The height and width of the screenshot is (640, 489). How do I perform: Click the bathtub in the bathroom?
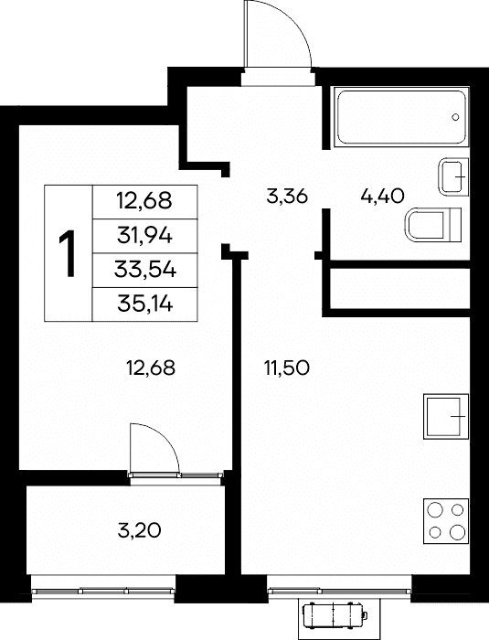coord(401,116)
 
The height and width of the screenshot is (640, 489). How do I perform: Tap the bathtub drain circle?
coord(455,117)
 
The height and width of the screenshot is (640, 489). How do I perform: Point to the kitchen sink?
coord(446,416)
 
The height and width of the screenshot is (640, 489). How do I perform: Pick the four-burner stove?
coord(446,521)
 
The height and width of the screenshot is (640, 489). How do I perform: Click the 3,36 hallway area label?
coord(286,197)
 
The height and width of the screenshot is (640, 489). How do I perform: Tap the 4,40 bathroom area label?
coord(382,197)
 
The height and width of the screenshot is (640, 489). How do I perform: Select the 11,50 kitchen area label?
coord(287,368)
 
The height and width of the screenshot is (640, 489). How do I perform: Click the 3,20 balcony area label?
coord(139,530)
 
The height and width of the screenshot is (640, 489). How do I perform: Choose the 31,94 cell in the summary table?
coord(145,236)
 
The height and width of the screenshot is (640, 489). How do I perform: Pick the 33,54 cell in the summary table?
coord(145,270)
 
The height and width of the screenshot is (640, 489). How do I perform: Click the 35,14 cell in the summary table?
coord(145,304)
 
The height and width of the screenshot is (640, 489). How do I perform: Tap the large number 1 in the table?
coord(68,253)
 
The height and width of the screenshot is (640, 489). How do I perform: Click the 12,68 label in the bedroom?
coord(151,368)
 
